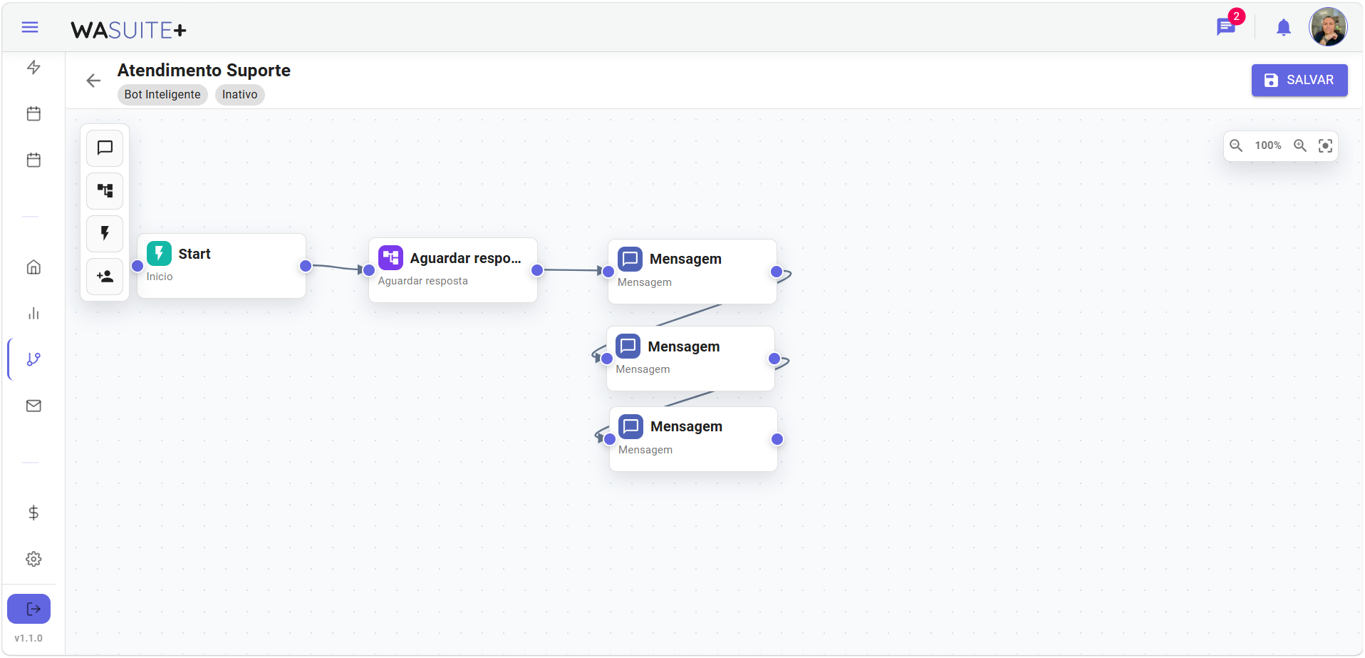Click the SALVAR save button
click(x=1299, y=80)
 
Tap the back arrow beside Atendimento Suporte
click(x=93, y=81)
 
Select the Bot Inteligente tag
click(x=162, y=94)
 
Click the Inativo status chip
click(x=239, y=94)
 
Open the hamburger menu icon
click(x=30, y=27)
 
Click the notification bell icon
click(x=1283, y=27)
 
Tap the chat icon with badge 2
click(x=1225, y=27)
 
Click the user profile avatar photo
click(x=1328, y=27)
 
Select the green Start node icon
click(x=159, y=253)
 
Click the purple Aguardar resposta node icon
click(x=390, y=257)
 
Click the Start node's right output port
click(x=306, y=266)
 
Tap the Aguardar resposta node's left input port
click(x=369, y=270)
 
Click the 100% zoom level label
click(x=1267, y=145)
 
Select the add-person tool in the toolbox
click(x=105, y=277)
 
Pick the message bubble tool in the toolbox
click(x=105, y=148)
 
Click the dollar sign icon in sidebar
click(x=33, y=513)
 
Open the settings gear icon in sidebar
click(x=33, y=559)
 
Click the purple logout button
click(x=29, y=609)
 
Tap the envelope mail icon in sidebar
click(x=33, y=406)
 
